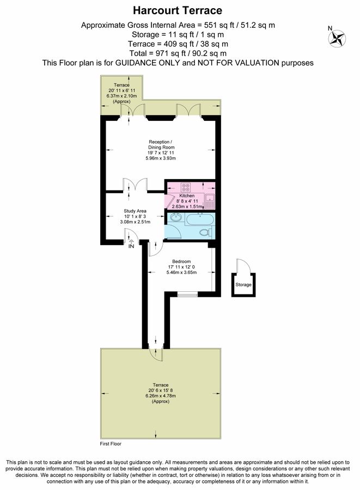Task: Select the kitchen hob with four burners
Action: click(x=180, y=185)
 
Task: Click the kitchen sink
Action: click(x=210, y=201)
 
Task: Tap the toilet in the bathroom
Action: click(x=205, y=232)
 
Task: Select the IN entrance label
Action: click(x=131, y=247)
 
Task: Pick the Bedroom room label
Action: click(x=182, y=261)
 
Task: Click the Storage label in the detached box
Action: click(x=243, y=285)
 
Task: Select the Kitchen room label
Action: click(x=187, y=195)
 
